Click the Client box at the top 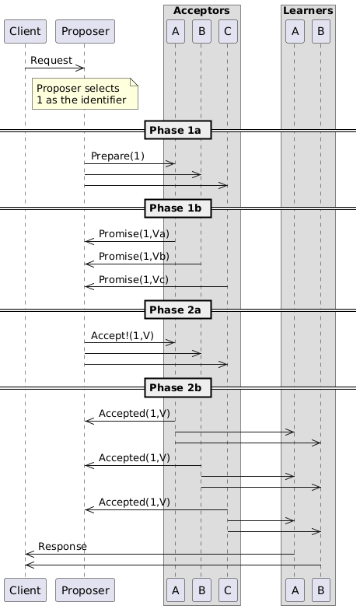point(25,31)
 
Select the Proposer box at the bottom point(85,590)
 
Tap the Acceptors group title point(201,11)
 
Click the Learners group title point(308,11)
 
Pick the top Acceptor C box point(228,31)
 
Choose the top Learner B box point(321,31)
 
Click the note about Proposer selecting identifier point(85,93)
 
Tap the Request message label point(51,61)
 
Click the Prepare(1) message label point(117,156)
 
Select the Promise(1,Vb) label point(134,257)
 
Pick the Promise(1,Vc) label point(134,280)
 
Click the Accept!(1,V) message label point(122,335)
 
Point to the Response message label point(62,547)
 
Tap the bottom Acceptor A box point(176,590)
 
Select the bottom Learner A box point(295,590)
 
